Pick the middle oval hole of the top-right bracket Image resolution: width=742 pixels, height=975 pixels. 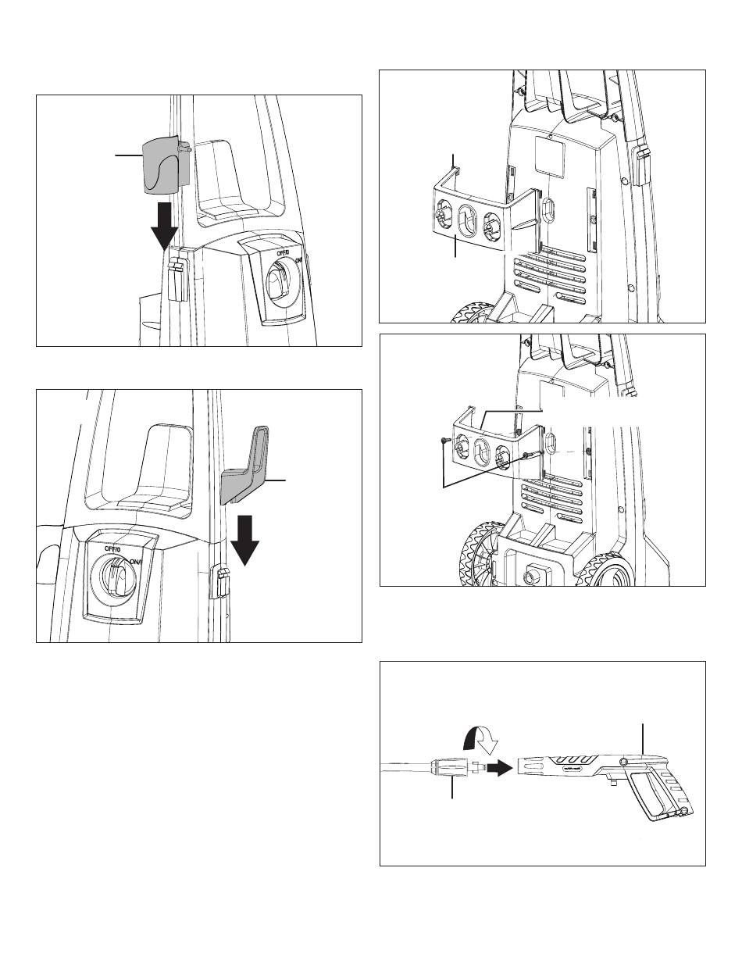pos(467,220)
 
